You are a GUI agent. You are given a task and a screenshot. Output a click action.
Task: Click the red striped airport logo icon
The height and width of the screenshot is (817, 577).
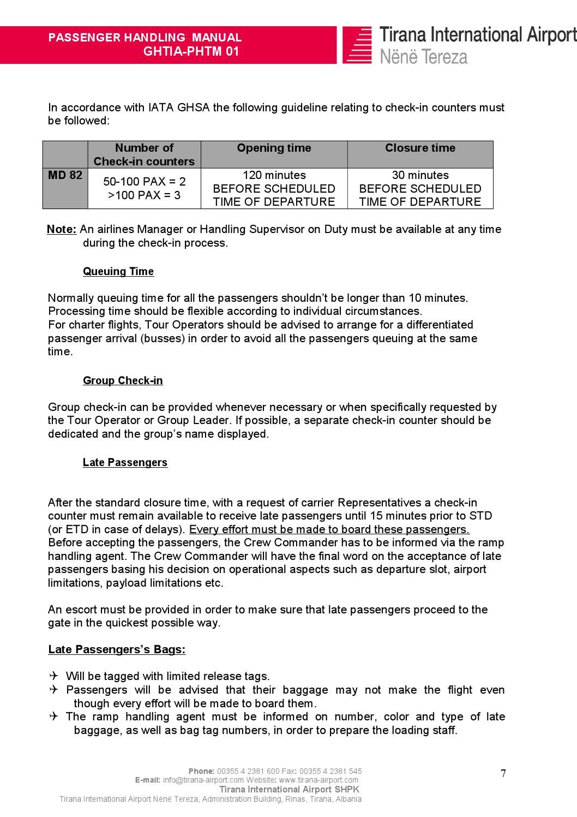[x=357, y=45]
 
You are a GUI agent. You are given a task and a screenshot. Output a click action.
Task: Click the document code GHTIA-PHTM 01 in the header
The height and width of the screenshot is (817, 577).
[x=191, y=52]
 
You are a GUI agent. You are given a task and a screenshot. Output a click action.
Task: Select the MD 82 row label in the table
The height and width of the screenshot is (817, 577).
[x=65, y=175]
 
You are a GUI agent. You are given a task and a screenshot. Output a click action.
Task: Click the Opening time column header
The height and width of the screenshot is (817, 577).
[x=274, y=148]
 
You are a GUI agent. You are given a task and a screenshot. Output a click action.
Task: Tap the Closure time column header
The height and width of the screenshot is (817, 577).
[x=420, y=148]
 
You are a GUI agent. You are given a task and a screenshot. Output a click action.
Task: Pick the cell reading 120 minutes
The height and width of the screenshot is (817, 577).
[x=274, y=175]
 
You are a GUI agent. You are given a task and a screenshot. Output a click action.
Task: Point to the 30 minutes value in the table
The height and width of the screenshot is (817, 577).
[x=420, y=175]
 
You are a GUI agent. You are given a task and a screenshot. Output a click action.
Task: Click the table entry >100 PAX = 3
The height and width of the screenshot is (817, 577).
[x=144, y=195]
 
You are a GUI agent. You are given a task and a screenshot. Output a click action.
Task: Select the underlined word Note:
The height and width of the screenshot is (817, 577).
[x=62, y=229]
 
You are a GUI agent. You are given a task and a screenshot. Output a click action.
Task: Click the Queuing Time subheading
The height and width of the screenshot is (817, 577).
[x=118, y=271]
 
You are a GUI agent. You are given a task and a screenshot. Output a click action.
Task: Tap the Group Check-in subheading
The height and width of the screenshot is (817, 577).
[x=123, y=380]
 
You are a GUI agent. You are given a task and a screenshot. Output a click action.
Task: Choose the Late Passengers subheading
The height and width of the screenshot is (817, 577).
[x=125, y=462]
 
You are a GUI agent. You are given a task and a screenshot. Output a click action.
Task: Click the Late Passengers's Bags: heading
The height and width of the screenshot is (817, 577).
[x=117, y=649]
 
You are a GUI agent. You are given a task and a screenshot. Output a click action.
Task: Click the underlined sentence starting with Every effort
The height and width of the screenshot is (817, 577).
[x=329, y=529]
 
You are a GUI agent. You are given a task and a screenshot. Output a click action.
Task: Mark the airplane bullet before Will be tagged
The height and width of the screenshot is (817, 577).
[x=53, y=676]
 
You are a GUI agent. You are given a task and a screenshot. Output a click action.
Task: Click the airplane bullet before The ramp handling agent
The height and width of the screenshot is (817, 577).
[x=53, y=717]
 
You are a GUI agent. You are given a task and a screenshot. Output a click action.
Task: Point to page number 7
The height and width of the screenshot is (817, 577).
[x=503, y=773]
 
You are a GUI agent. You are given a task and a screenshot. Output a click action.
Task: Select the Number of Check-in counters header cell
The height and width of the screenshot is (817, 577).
[x=144, y=154]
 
